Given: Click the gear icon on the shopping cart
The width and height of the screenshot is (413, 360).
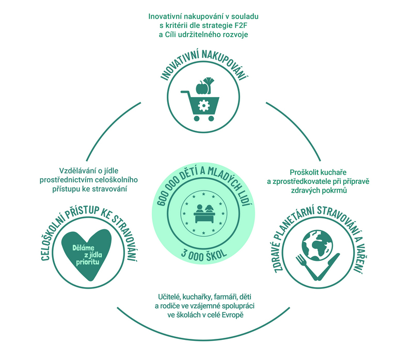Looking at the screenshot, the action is (203, 105).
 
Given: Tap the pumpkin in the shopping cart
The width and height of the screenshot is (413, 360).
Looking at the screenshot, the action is (202, 87).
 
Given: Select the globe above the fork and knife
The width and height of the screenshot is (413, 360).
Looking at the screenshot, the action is (317, 246).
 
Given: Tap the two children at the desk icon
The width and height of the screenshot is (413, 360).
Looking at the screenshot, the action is (203, 213).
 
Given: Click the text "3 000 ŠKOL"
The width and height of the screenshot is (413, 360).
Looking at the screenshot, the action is (203, 254).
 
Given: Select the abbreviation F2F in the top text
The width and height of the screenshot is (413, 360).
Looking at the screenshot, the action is (241, 25).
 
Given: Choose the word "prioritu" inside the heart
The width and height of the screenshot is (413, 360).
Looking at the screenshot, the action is (88, 262).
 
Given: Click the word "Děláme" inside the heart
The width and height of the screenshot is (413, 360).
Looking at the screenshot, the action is (83, 248).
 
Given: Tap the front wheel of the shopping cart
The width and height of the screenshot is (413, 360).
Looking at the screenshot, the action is (211, 118).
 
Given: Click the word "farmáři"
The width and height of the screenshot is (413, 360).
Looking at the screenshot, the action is (226, 297).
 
